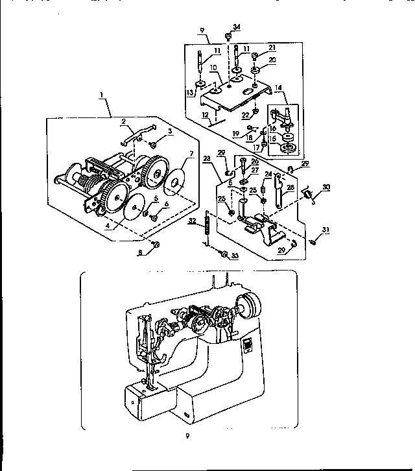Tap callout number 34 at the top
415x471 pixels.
(237, 27)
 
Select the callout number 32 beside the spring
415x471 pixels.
(192, 221)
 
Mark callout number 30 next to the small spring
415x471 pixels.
(326, 187)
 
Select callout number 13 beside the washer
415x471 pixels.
(189, 91)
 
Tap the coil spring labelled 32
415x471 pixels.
(207, 227)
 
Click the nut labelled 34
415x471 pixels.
(228, 34)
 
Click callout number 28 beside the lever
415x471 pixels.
(290, 187)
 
